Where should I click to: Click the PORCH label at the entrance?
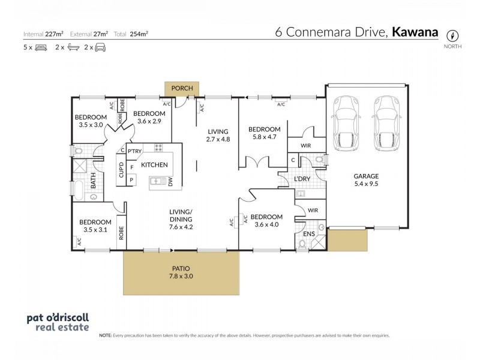coord(182,88)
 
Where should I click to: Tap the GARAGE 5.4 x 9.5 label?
coord(365,180)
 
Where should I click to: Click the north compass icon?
coord(454,34)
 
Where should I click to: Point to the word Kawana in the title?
coord(415,32)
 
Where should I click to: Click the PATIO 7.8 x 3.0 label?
coord(181,273)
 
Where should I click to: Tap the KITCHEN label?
coord(154,164)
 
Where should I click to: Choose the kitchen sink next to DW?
coord(157,181)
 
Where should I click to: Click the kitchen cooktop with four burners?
coord(160,148)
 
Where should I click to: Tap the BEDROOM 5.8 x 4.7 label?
coord(264,133)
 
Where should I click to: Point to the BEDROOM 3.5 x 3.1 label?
coord(95,226)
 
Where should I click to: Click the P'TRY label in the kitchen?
coord(134,151)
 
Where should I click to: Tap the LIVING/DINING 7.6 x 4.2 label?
coord(181,223)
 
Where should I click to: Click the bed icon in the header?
coord(41,47)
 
